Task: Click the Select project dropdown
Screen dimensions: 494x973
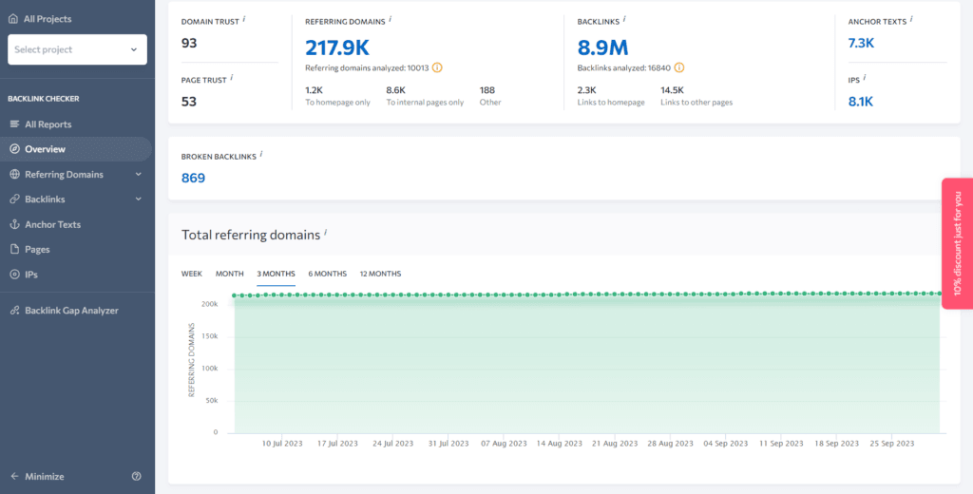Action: click(77, 49)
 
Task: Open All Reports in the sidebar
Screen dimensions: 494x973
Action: click(48, 124)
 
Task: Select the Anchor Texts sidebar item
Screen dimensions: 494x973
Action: click(52, 224)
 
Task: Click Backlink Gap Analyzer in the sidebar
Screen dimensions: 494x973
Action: click(71, 311)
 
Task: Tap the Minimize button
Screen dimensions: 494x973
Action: click(44, 476)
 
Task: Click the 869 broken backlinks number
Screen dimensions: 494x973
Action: click(193, 178)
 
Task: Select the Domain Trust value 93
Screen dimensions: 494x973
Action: click(189, 42)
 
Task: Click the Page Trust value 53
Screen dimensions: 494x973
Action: click(189, 102)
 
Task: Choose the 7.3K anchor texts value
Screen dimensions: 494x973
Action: click(861, 43)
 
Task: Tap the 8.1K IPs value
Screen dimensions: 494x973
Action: click(861, 102)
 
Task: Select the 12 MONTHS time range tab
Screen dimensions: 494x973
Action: click(380, 274)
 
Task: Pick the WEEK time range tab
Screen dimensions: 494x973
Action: click(192, 274)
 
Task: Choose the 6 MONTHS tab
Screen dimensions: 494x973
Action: click(328, 274)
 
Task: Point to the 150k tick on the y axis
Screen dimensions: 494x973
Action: click(209, 336)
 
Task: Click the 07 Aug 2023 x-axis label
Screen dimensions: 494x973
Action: click(505, 444)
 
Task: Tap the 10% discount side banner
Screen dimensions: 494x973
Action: click(957, 243)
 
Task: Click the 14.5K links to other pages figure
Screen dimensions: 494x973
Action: click(672, 90)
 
